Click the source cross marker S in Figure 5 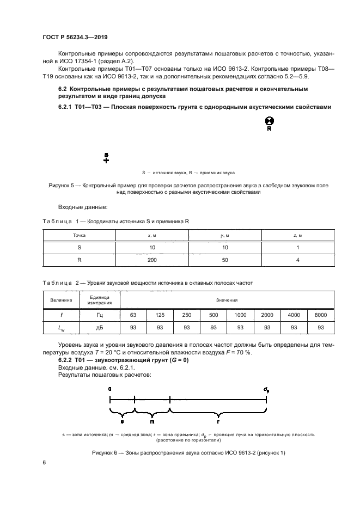coord(106,160)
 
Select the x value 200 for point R coord(152,261)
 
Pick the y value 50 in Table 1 coord(225,261)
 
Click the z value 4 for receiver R coord(298,261)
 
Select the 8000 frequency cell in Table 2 coord(321,315)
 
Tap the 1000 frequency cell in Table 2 coord(240,315)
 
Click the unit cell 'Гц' coord(99,315)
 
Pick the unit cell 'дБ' coord(99,328)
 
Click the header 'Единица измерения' coord(99,300)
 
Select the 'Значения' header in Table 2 coord(227,300)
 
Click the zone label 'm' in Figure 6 coord(152,421)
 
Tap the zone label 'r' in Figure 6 coord(218,421)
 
